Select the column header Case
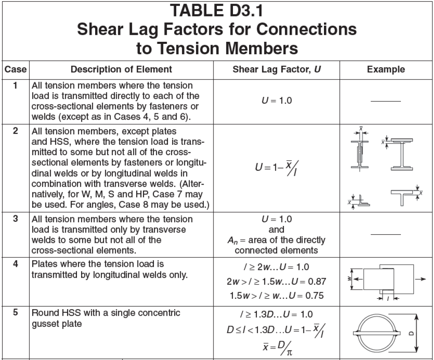pyautogui.click(x=15, y=70)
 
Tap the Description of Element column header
pyautogui.click(x=121, y=70)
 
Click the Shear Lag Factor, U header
pyautogui.click(x=277, y=70)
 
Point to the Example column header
pyautogui.click(x=386, y=70)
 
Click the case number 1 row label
pyautogui.click(x=15, y=86)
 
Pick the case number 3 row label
pyautogui.click(x=15, y=219)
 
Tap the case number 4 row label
pyautogui.click(x=15, y=264)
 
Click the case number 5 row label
pyautogui.click(x=15, y=313)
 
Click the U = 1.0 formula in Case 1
pyautogui.click(x=277, y=101)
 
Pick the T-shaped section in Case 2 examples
pyautogui.click(x=403, y=196)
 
